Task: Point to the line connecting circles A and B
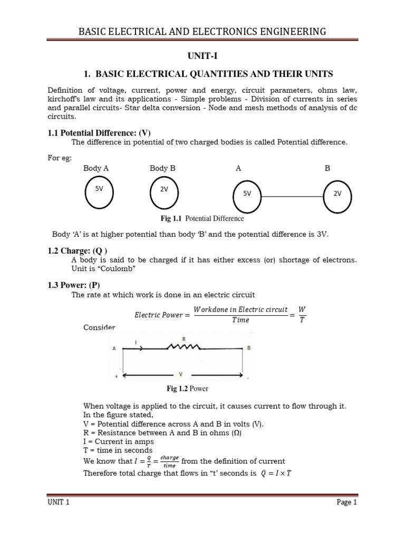[x=293, y=196]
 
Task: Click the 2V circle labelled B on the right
[x=337, y=195]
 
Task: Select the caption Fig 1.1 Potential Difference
[x=202, y=218]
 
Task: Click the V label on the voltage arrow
[x=181, y=374]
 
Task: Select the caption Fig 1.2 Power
[x=187, y=389]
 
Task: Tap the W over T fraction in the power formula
[x=302, y=314]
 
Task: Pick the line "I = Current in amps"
[x=119, y=441]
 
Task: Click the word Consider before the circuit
[x=99, y=327]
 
